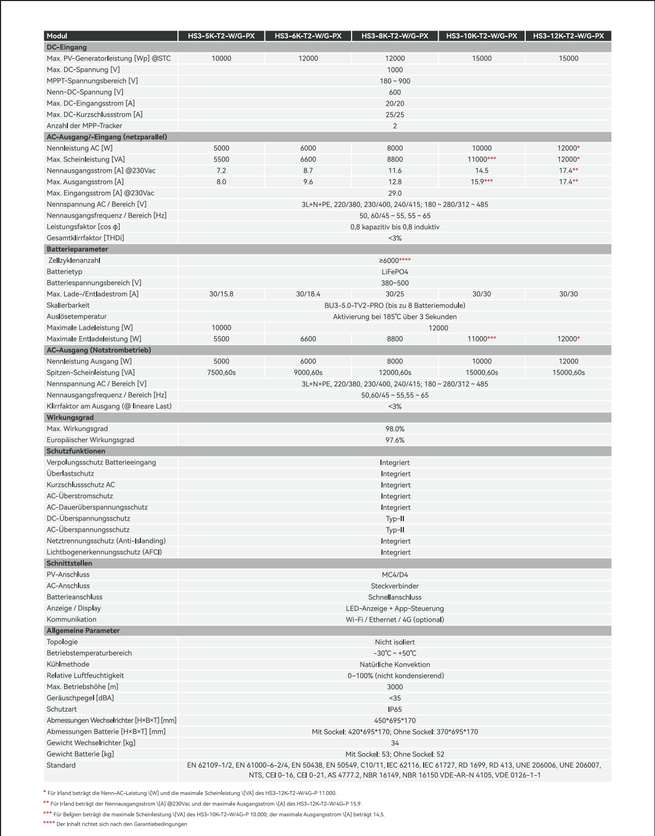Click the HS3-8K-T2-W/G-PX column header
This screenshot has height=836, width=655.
[395, 36]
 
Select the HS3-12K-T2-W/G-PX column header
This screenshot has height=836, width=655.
[568, 36]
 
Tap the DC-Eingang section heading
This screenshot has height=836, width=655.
[67, 47]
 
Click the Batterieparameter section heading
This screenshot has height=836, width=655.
[77, 249]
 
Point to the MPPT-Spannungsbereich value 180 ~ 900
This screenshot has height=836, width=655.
[395, 81]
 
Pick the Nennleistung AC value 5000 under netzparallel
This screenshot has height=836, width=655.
[221, 148]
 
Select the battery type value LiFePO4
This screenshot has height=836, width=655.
[395, 272]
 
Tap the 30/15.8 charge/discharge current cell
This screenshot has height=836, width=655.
[221, 294]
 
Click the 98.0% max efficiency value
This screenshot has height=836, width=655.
[395, 429]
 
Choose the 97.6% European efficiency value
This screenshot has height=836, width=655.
[395, 440]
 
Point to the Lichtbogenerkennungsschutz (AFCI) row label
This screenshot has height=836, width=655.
[104, 552]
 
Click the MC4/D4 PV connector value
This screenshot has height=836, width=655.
[395, 575]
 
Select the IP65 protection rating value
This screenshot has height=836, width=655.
[395, 709]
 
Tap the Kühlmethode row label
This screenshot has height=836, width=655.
[68, 664]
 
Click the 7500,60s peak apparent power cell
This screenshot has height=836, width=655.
[221, 373]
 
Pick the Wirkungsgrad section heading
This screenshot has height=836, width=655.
[70, 417]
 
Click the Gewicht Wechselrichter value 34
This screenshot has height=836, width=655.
[395, 743]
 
